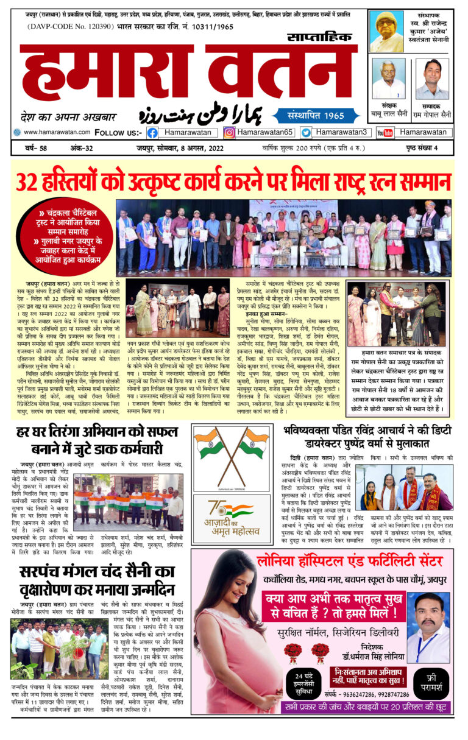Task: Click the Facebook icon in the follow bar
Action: coord(152,132)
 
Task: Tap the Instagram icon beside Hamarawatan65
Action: coord(229,132)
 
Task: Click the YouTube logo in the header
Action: coord(385,132)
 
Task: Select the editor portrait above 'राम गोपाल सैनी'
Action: coord(436,79)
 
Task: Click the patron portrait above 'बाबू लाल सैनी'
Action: coord(388,79)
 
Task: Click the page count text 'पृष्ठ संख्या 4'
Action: coord(433,147)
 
